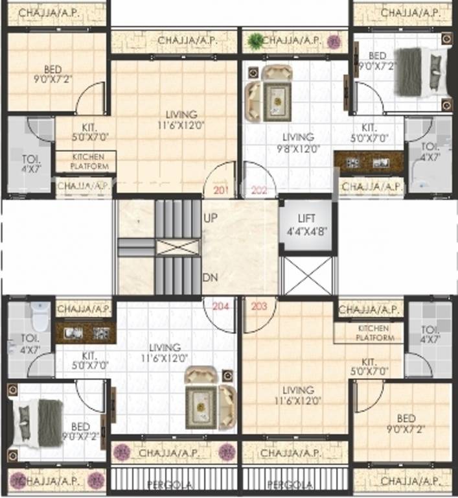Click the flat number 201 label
(x=220, y=191)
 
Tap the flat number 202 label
(x=259, y=191)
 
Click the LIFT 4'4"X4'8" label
(x=307, y=224)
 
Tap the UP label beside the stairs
(x=210, y=218)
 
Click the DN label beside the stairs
(x=210, y=277)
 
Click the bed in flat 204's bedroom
(x=40, y=423)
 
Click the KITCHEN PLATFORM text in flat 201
(x=86, y=161)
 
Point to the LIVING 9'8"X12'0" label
(x=298, y=142)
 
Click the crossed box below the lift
(x=308, y=275)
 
